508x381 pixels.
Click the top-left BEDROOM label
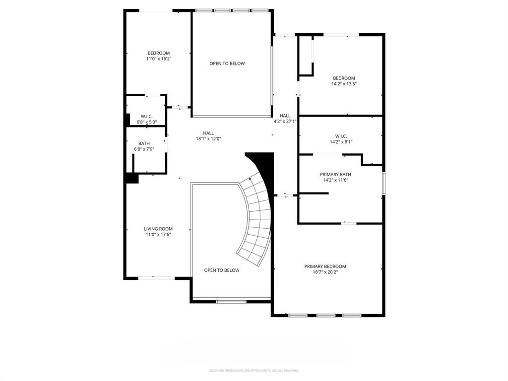pos(158,53)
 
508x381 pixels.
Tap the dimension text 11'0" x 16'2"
pos(158,59)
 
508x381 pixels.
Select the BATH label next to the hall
pos(144,143)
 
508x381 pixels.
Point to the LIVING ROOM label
pos(158,229)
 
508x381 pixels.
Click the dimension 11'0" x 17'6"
pos(158,235)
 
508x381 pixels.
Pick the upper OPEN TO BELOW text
pos(227,63)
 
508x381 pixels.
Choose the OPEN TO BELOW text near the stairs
pos(222,270)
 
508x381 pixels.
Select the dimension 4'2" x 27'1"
pos(285,121)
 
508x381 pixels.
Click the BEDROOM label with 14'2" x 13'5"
pos(344,78)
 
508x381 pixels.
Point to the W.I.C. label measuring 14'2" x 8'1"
pos(341,136)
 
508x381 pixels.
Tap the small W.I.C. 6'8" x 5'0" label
pos(146,116)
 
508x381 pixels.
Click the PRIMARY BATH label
pos(335,174)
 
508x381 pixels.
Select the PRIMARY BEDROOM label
pos(325,266)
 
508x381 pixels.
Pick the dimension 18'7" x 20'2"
pos(325,272)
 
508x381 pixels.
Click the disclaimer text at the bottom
pos(254,371)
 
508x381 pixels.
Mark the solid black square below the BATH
pos(131,178)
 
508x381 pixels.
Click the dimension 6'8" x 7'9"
pos(144,149)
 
